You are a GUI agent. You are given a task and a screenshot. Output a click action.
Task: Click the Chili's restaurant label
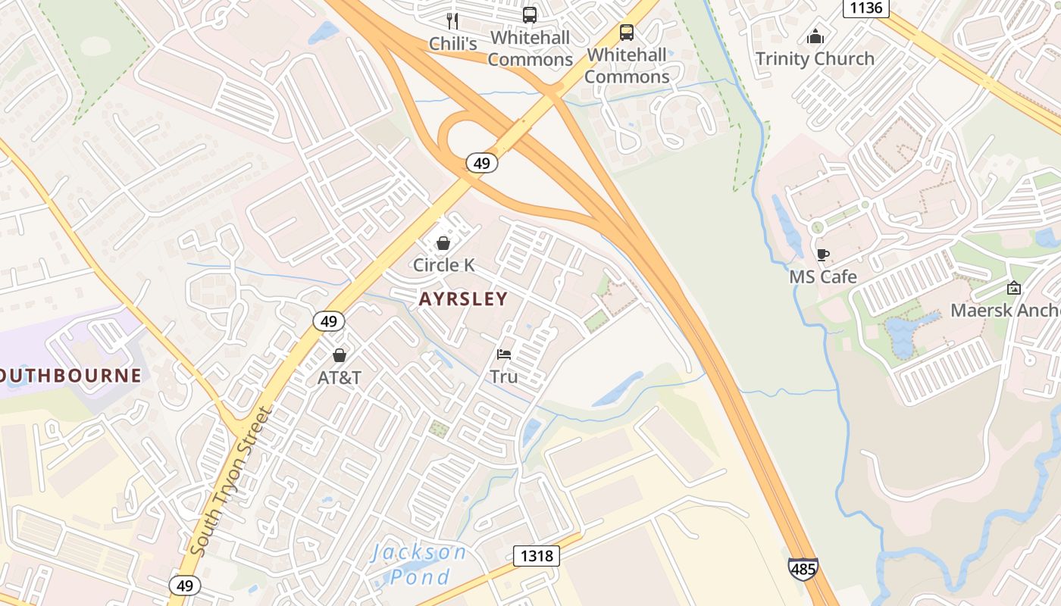coord(453,44)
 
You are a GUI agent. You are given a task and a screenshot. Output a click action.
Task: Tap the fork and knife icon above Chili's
coord(453,20)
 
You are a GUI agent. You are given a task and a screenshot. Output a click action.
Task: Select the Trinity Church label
coord(815,58)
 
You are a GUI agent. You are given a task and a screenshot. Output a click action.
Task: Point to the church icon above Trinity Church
coord(815,36)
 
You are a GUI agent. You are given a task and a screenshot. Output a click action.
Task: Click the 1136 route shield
coord(865,8)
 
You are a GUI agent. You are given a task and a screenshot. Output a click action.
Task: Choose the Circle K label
coord(443,265)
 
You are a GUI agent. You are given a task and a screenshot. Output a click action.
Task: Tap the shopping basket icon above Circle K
coord(443,243)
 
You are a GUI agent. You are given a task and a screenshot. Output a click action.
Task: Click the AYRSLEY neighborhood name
coord(463,299)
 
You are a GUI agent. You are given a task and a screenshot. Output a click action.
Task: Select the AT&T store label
coord(340,377)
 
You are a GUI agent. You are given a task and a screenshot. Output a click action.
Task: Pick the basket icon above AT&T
coord(340,355)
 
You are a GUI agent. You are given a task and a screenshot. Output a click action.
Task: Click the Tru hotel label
coord(504,376)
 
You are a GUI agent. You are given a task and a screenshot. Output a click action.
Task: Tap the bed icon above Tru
coord(504,355)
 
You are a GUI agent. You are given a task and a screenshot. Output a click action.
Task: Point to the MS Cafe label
coord(823,276)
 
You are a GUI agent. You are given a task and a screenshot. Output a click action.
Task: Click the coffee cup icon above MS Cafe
coord(823,255)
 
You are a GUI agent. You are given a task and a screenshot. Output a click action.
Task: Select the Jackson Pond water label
coord(420,564)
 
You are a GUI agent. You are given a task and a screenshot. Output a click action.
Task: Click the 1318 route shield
coord(537,556)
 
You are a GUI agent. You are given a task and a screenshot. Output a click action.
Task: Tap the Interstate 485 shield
coord(803,567)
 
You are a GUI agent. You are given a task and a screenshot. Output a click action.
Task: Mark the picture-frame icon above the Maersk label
coord(1014,288)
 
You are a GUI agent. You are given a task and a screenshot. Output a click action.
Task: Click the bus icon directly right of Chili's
coord(530,15)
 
